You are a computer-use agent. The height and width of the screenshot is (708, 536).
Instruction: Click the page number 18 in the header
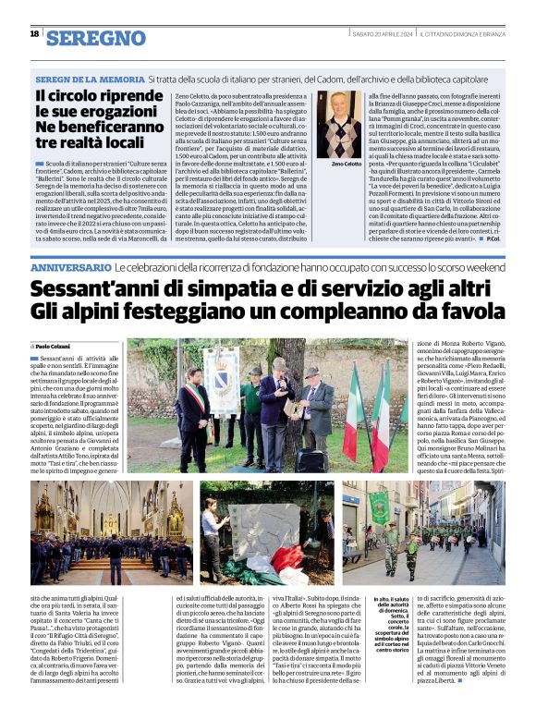tap(34, 33)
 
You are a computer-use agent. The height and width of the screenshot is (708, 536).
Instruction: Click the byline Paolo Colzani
tap(56, 346)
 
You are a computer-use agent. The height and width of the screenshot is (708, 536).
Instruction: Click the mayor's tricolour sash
tap(197, 408)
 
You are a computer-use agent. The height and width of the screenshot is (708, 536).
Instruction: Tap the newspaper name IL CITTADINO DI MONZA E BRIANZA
tap(466, 34)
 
